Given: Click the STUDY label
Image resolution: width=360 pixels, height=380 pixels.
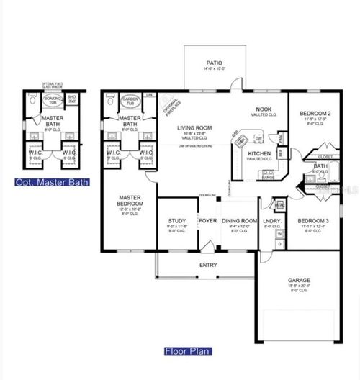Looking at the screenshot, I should pos(177,221).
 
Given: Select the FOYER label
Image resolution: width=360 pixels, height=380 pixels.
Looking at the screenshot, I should pos(208,221).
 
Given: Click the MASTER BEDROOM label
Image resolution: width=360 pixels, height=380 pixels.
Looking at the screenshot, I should pos(130,200).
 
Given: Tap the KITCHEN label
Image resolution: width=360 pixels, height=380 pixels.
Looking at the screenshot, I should pos(258,154).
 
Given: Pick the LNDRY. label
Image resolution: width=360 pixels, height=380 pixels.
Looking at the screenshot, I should pos(271,221).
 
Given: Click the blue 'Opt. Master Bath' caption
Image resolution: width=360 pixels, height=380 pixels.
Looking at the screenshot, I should pos(52,182).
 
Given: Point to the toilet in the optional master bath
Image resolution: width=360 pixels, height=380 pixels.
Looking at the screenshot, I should pos(31,103).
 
